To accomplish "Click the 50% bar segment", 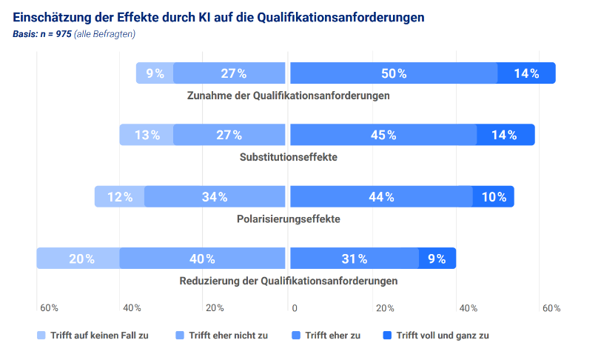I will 394,73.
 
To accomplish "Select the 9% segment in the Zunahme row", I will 155,73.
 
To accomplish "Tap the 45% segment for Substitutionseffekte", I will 383,135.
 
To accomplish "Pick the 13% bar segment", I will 147,135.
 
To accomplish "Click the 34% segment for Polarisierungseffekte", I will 215,196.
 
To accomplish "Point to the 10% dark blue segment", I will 493,196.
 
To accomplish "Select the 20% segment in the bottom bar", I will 78,259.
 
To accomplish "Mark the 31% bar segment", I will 355,259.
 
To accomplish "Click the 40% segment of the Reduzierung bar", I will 202,259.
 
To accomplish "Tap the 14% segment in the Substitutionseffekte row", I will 505,135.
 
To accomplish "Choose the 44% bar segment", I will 381,196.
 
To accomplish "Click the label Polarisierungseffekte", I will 289,219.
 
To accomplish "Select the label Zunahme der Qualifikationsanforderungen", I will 289,96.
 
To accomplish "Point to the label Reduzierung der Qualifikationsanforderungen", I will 289,281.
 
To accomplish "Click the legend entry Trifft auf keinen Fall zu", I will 98,336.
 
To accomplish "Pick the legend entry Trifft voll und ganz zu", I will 443,336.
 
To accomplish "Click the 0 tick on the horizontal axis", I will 295,308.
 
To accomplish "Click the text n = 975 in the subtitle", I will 56,34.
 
